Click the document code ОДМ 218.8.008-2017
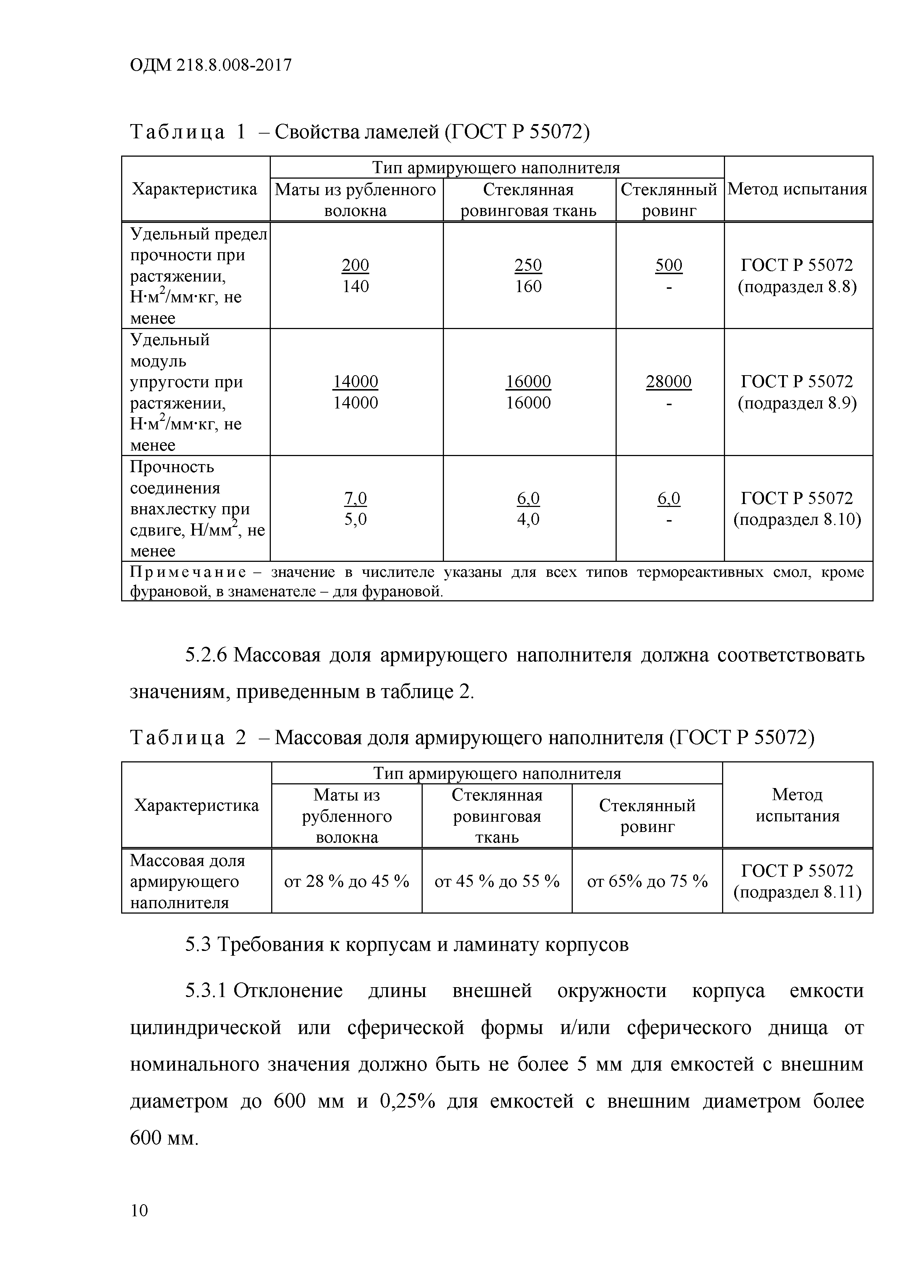coord(211,66)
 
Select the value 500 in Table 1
coord(669,265)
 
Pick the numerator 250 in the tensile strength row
coord(528,265)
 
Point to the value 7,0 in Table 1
coord(356,498)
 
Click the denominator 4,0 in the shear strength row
coord(528,519)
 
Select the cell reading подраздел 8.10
coord(797,519)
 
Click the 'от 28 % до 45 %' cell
coord(347,882)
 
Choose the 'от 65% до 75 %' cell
coord(647,882)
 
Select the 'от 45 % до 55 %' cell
coord(497,882)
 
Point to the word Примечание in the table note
coord(188,573)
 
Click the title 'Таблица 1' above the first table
coord(187,132)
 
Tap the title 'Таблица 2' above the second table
coord(187,738)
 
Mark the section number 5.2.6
coord(205,655)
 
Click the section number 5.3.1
coord(205,991)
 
